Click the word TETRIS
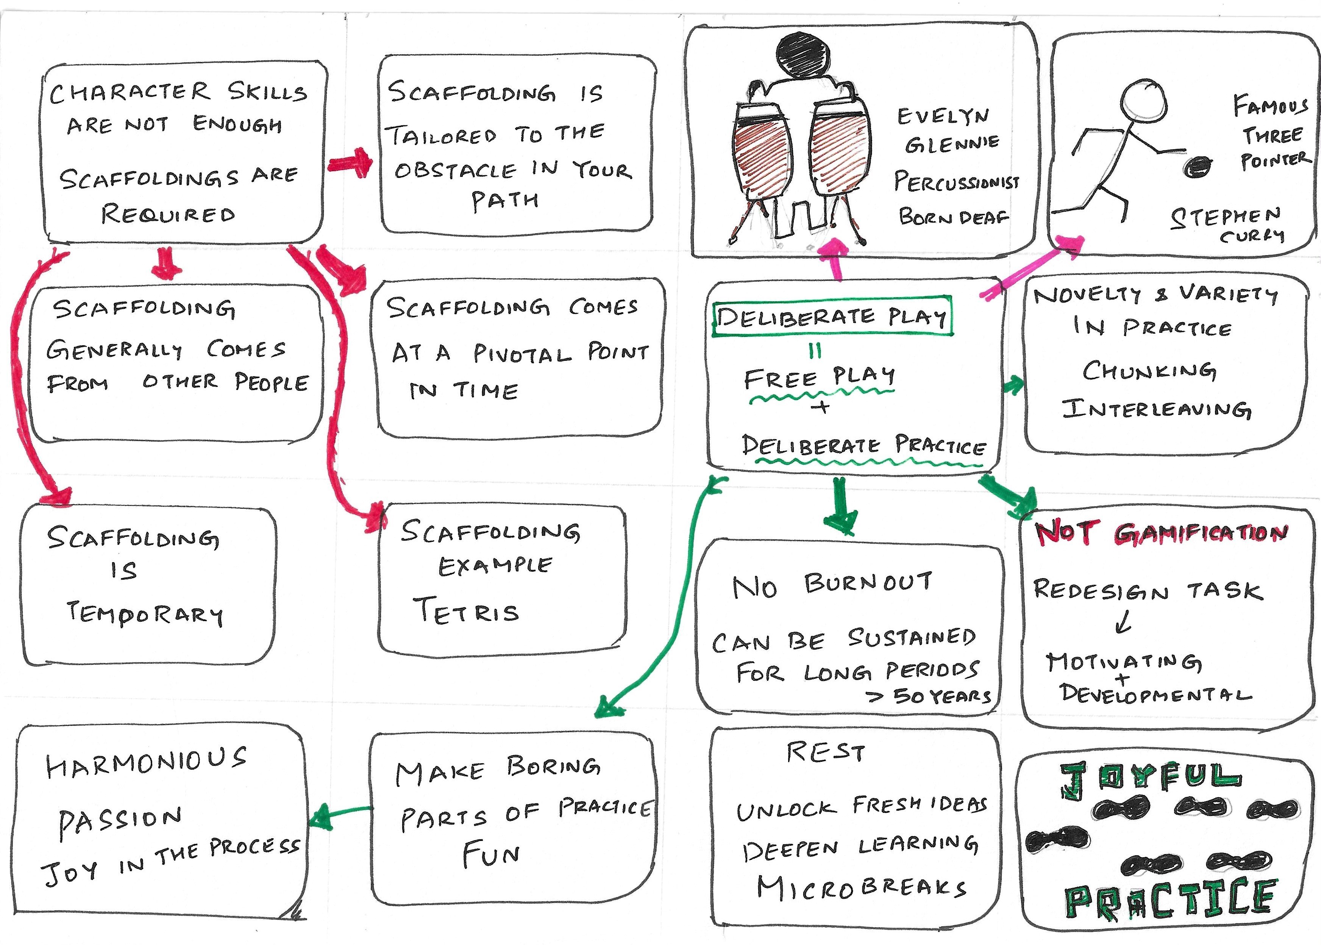[x=465, y=611]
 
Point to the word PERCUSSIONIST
[x=956, y=182]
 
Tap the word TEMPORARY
[x=144, y=614]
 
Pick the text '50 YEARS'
[x=942, y=695]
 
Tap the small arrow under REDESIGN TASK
[x=1123, y=623]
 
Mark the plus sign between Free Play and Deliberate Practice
[x=821, y=406]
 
